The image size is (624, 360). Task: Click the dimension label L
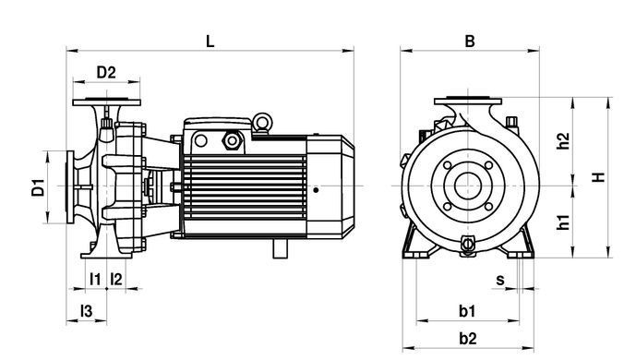coord(210,42)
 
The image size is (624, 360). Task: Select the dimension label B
coord(470,42)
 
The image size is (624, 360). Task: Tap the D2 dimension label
coord(106,72)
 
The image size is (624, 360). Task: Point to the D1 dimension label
coord(38,187)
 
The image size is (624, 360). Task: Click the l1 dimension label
coord(95,279)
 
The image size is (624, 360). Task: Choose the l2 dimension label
coord(116,279)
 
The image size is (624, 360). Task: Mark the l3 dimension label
coord(87,311)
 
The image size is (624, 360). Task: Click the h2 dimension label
coord(563,141)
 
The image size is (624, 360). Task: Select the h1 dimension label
coord(563,222)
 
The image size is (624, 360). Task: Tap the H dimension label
coord(598,177)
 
